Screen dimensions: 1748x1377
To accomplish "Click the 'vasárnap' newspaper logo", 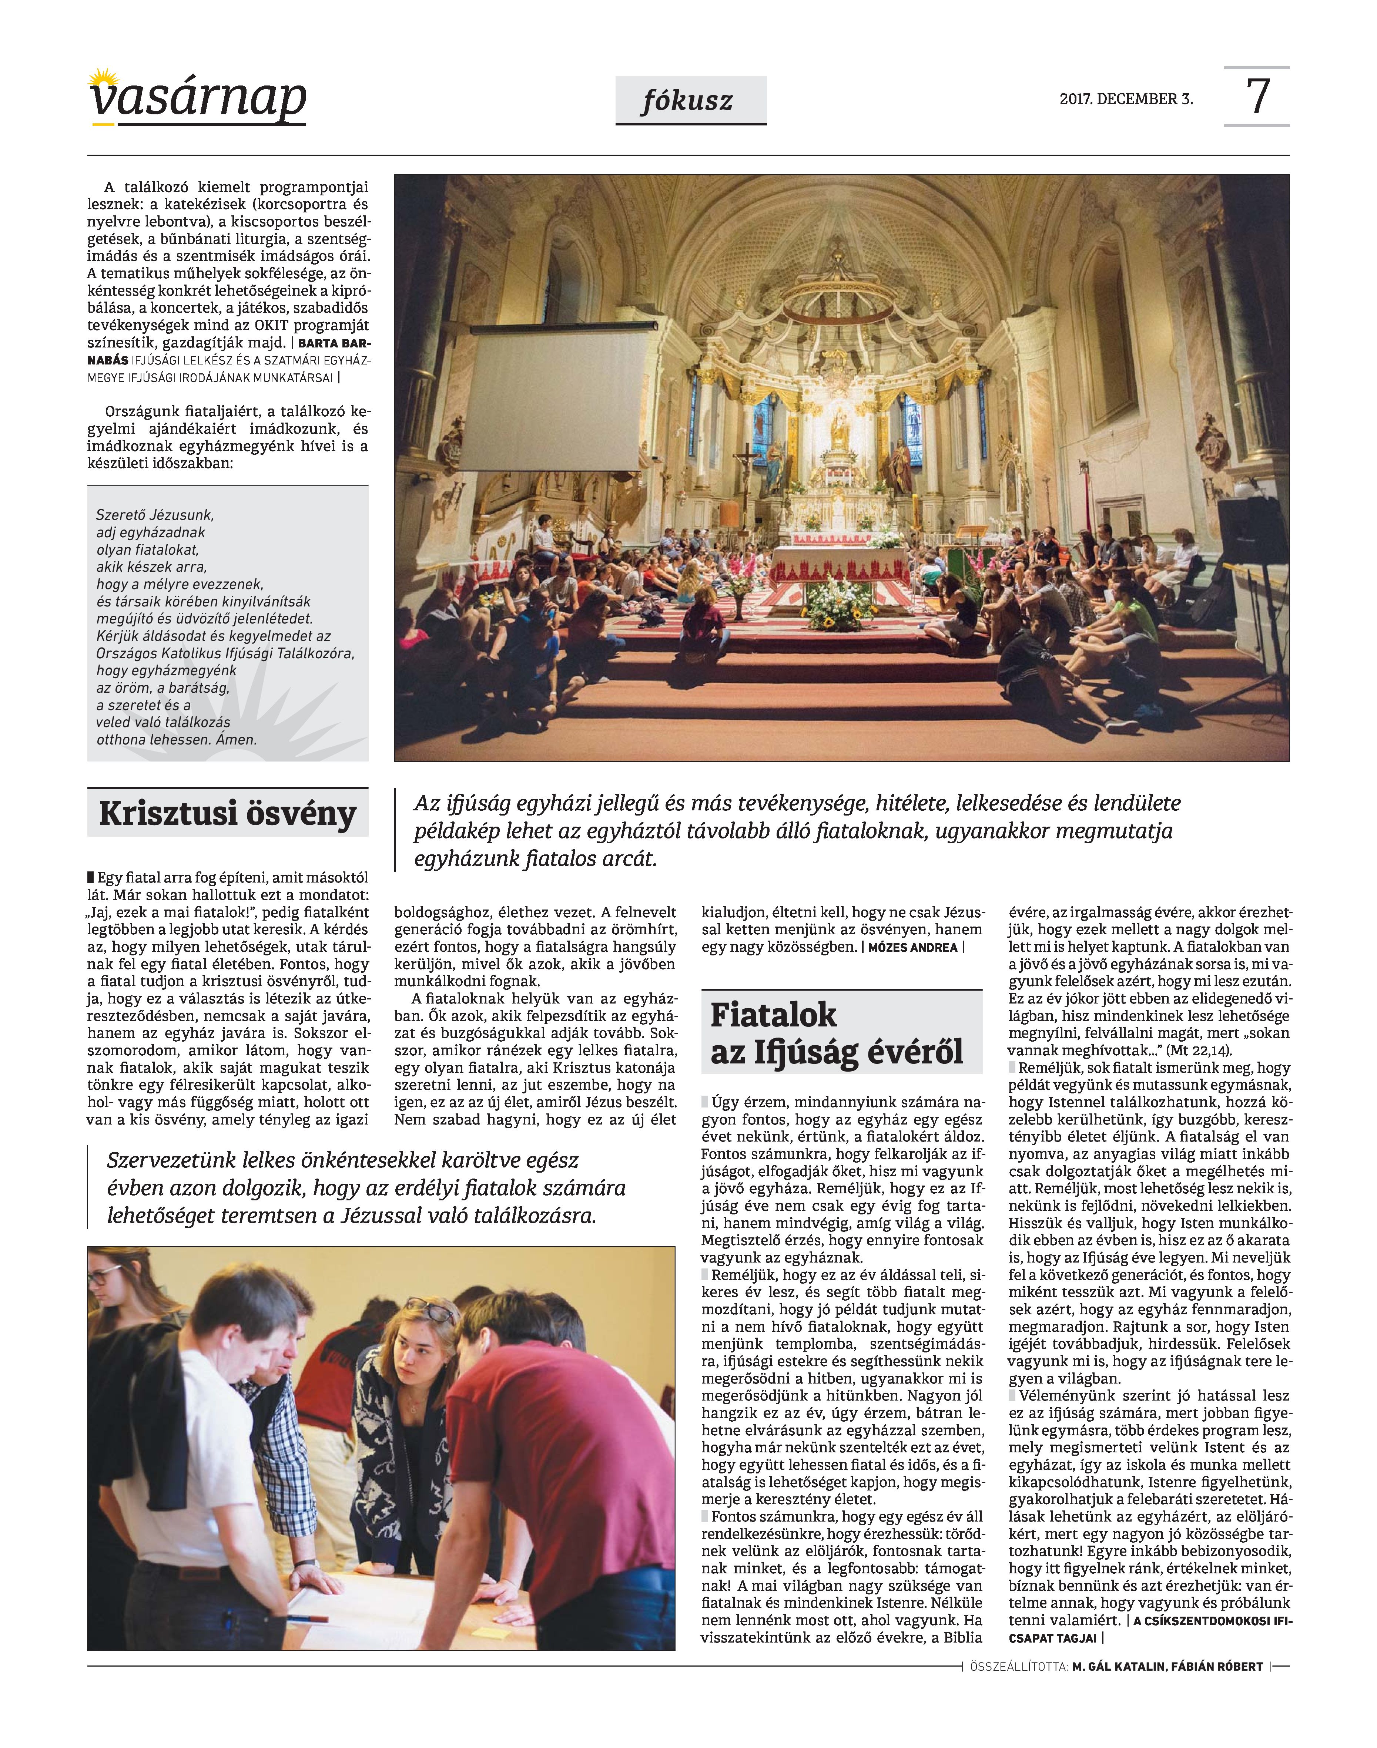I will coord(198,98).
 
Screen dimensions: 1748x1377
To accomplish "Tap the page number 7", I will coord(1258,97).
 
